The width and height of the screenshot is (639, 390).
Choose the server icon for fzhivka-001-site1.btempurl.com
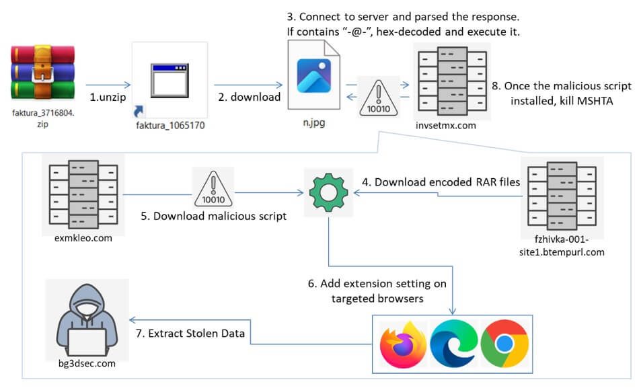coord(562,193)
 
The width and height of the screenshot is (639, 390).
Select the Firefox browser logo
coord(403,345)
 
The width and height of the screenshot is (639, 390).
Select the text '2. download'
coord(249,97)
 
